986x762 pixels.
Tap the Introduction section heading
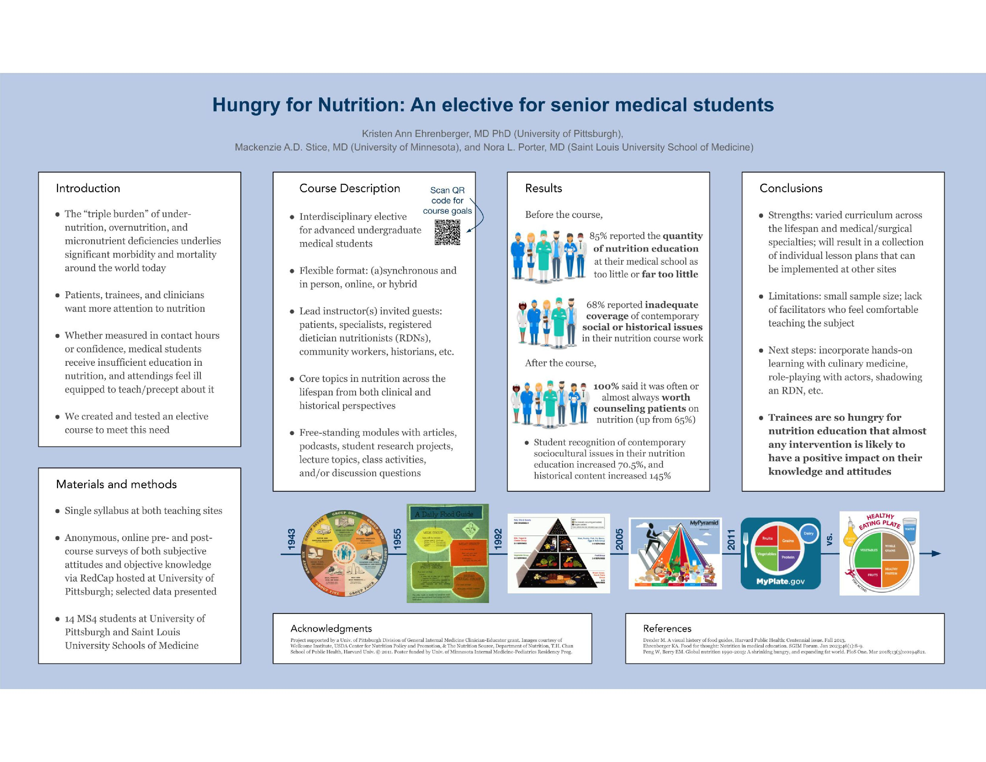[88, 188]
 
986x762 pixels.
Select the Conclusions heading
[791, 188]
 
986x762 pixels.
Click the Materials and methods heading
[117, 484]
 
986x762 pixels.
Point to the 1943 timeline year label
[292, 539]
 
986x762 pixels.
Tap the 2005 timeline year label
[619, 539]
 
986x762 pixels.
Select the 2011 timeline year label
[731, 539]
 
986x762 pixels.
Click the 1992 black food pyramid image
[558, 553]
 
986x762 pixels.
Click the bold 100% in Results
[606, 386]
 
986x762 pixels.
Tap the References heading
[667, 628]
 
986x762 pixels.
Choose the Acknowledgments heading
[331, 628]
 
